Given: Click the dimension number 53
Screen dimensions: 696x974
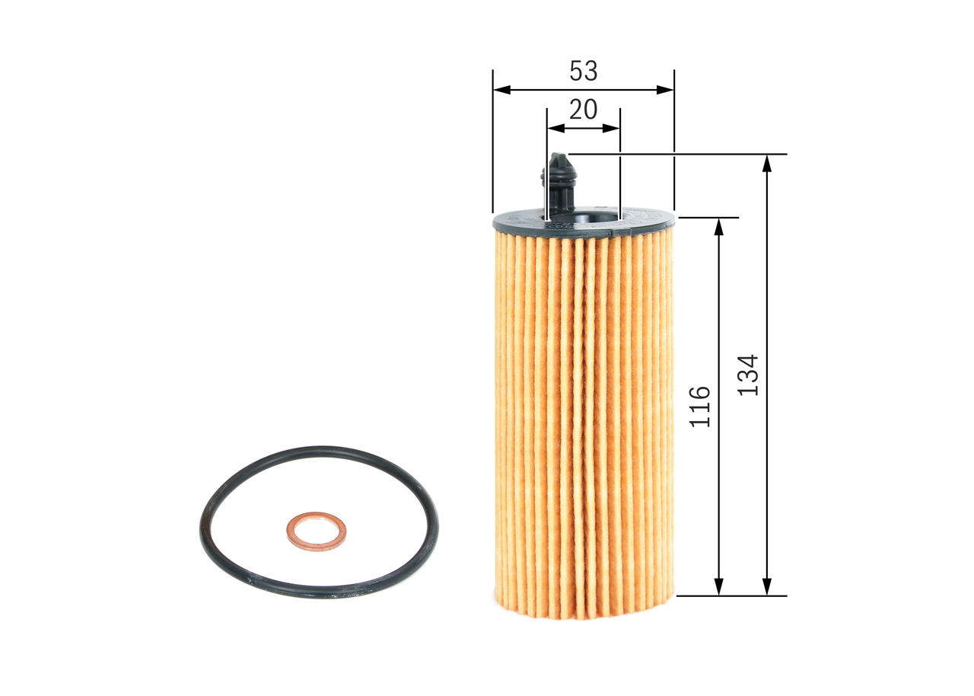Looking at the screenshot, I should click(x=584, y=71).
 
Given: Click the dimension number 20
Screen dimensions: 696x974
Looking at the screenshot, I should click(x=583, y=110).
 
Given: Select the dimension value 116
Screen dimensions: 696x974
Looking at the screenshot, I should click(x=700, y=406).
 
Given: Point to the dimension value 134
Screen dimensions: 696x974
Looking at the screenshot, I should click(x=750, y=375).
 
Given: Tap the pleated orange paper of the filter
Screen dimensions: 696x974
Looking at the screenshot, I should click(x=584, y=419).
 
